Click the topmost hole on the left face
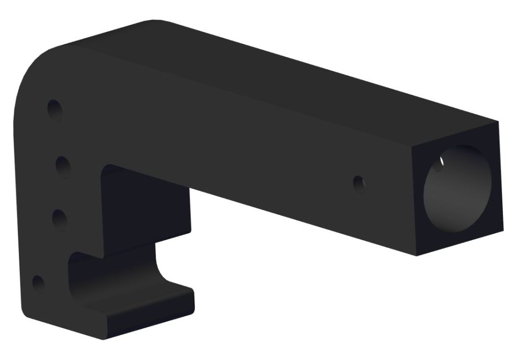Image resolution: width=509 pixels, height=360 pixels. coord(54,109)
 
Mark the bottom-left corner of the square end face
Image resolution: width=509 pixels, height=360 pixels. coord(417,255)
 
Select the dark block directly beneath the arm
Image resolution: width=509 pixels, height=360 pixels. coord(145,209)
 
